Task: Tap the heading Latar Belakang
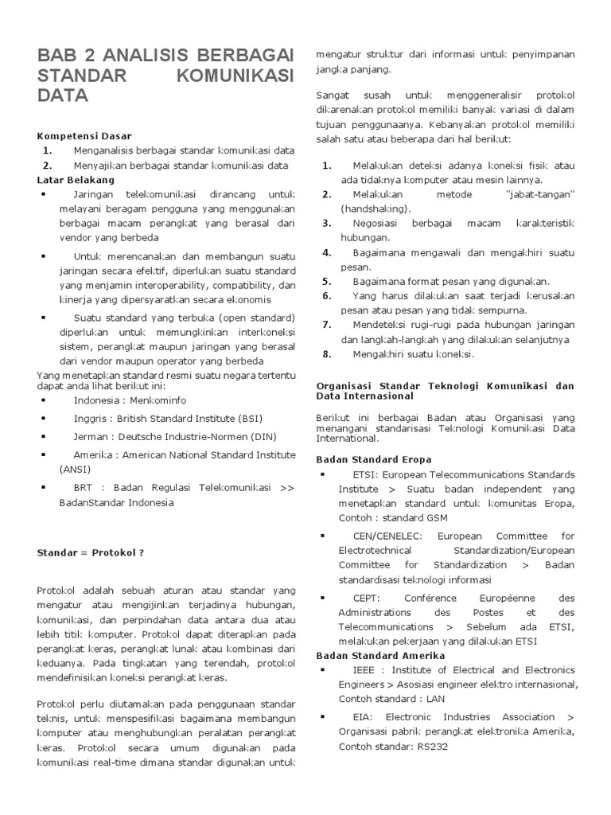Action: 76,180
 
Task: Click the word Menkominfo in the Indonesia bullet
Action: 160,400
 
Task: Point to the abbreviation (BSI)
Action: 247,418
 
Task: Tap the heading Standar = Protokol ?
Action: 91,552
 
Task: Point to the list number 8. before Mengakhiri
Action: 326,353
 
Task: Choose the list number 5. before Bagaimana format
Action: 326,281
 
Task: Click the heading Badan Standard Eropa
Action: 374,459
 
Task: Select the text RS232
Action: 434,747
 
